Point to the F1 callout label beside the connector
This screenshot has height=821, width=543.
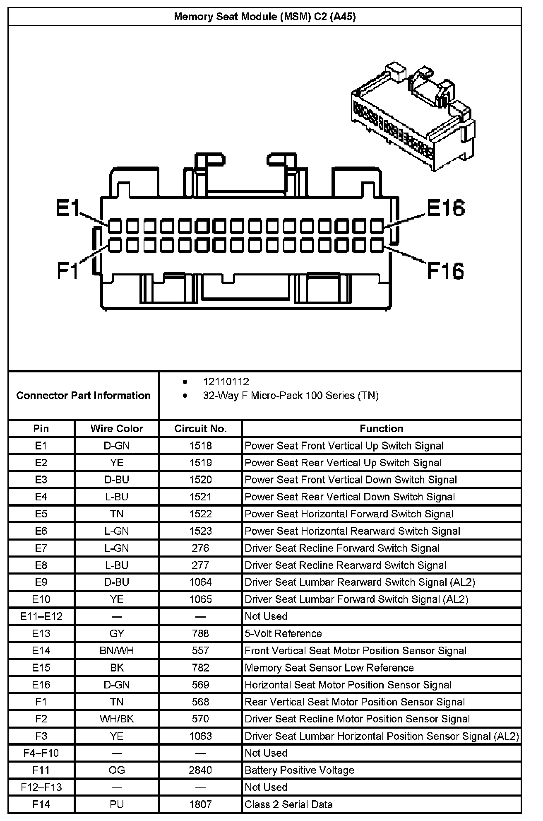coord(67,271)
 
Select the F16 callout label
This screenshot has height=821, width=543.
coord(445,271)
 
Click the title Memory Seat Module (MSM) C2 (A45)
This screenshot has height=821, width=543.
coord(265,17)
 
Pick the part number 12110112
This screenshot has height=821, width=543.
coord(226,382)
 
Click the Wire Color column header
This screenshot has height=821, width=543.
coord(117,428)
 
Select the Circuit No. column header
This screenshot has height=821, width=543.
coord(200,428)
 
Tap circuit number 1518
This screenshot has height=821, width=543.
coord(200,446)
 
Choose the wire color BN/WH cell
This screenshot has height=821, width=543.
coord(117,650)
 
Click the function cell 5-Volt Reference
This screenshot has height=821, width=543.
coord(283,633)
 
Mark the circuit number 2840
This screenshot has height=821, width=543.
coord(200,770)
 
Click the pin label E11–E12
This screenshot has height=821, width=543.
coord(41,616)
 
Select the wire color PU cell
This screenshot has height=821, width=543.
coord(117,804)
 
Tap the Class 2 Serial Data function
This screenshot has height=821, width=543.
coord(288,804)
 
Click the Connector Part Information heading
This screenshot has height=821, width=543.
coord(83,395)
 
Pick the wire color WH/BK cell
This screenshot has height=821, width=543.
coord(117,719)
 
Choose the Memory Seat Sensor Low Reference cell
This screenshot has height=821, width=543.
coord(329,668)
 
